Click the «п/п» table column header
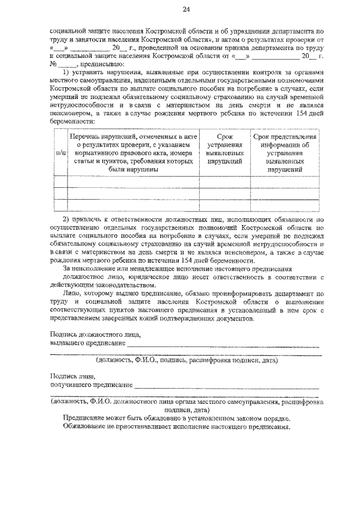[x=60, y=152]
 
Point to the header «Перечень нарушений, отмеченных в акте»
[x=133, y=137]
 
